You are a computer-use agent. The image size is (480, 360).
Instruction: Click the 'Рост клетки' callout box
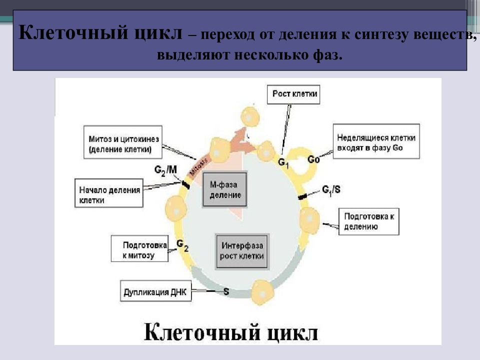pyautogui.click(x=293, y=94)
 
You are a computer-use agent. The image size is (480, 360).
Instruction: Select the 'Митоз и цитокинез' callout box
pyautogui.click(x=123, y=142)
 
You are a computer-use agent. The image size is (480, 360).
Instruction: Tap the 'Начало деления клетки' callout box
pyautogui.click(x=109, y=193)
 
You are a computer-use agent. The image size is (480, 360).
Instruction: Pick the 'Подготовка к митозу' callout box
pyautogui.click(x=139, y=248)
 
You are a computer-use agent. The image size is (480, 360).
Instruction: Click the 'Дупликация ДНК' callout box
pyautogui.click(x=156, y=291)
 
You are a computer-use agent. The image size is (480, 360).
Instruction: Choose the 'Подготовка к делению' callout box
pyautogui.click(x=368, y=221)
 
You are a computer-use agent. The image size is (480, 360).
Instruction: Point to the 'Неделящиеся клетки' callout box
pyautogui.click(x=376, y=141)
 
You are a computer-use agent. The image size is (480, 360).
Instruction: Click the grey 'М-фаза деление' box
pyautogui.click(x=224, y=190)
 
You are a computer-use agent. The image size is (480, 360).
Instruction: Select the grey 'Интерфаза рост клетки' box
pyautogui.click(x=242, y=251)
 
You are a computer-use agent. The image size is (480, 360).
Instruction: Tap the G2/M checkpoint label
pyautogui.click(x=165, y=170)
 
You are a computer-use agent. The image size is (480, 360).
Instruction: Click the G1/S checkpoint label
pyautogui.click(x=331, y=190)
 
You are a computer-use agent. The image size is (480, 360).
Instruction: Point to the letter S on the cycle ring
pyautogui.click(x=226, y=291)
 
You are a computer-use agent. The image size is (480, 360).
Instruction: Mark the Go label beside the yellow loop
pyautogui.click(x=313, y=159)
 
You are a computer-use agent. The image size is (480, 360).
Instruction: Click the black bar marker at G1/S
pyautogui.click(x=303, y=196)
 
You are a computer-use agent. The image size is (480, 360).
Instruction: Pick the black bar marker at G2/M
pyautogui.click(x=185, y=184)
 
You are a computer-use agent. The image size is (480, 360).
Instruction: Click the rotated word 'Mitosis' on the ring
pyautogui.click(x=198, y=167)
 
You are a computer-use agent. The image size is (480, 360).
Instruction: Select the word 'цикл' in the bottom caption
pyautogui.click(x=292, y=332)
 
